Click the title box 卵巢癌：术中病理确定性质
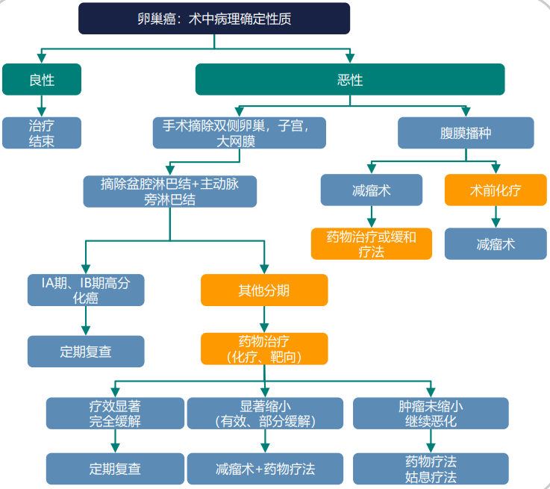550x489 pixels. click(x=214, y=19)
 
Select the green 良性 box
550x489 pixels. click(x=41, y=79)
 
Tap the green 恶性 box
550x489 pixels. click(x=349, y=79)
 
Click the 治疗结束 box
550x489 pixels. click(x=41, y=133)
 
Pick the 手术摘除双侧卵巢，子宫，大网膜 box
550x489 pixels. click(x=235, y=133)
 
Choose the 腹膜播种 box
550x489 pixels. click(x=466, y=133)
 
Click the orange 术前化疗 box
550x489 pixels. click(x=496, y=190)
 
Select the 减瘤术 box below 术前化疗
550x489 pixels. click(x=496, y=243)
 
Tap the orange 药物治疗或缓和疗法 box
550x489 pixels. click(x=371, y=243)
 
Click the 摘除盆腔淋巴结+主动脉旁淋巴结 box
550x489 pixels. click(x=170, y=191)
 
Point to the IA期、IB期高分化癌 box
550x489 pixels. click(x=85, y=290)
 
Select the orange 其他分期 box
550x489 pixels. click(x=264, y=290)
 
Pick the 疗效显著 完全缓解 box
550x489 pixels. click(x=115, y=413)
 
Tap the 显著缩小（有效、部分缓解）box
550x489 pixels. click(x=264, y=413)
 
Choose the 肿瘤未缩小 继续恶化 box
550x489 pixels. click(x=430, y=413)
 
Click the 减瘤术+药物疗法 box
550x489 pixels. click(x=264, y=469)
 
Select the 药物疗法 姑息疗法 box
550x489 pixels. click(x=430, y=469)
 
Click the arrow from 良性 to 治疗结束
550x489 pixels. click(x=41, y=105)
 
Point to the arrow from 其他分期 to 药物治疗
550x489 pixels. click(x=264, y=319)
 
